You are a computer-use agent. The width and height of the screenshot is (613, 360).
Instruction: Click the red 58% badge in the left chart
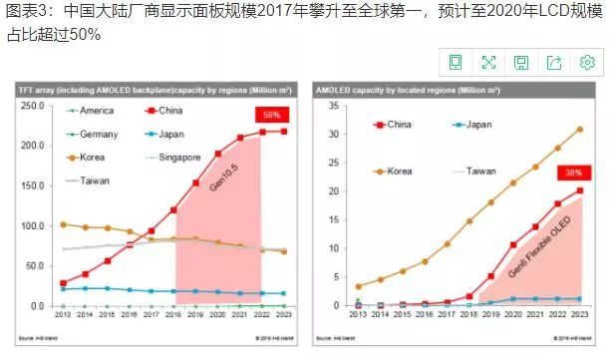(x=271, y=114)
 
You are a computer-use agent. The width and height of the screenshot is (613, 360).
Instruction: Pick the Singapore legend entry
(x=183, y=158)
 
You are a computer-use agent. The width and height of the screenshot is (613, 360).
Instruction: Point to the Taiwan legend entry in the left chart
(x=96, y=180)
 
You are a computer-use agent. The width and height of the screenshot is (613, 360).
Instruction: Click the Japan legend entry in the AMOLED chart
(x=477, y=125)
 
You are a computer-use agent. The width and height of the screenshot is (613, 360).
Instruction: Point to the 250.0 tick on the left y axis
(x=32, y=106)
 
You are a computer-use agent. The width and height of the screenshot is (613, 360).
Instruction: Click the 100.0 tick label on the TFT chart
(x=32, y=225)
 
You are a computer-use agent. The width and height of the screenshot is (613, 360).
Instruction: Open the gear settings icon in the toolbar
(x=587, y=63)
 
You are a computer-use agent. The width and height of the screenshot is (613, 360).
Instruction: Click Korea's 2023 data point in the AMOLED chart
(x=580, y=129)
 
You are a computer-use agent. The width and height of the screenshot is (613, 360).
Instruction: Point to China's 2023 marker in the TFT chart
(x=284, y=131)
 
